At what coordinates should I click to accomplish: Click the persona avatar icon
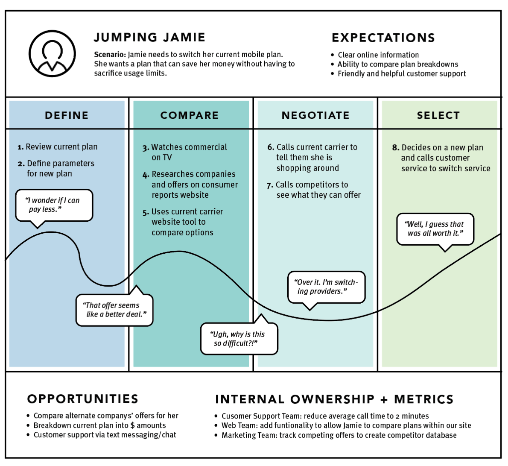(x=52, y=54)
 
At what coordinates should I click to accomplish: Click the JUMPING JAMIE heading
(x=149, y=38)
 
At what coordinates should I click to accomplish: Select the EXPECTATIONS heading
(x=383, y=38)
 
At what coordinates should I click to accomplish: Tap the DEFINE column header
(x=67, y=115)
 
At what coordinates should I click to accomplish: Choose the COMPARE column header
(x=190, y=115)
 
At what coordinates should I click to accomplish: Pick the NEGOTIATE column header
(x=315, y=115)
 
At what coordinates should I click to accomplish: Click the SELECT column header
(x=438, y=115)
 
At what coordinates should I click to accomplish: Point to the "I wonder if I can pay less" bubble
(x=54, y=205)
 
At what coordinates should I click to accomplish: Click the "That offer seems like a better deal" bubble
(x=114, y=310)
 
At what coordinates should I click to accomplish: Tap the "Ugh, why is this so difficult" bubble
(x=239, y=339)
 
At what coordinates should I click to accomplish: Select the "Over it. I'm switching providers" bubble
(x=326, y=287)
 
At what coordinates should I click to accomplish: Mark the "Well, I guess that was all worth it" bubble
(x=435, y=229)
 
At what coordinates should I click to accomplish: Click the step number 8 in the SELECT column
(x=395, y=148)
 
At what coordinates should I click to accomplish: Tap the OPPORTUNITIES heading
(x=83, y=399)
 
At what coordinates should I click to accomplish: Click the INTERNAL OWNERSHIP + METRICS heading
(x=334, y=399)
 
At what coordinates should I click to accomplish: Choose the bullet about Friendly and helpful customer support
(x=401, y=74)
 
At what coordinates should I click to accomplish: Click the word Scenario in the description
(x=110, y=55)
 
